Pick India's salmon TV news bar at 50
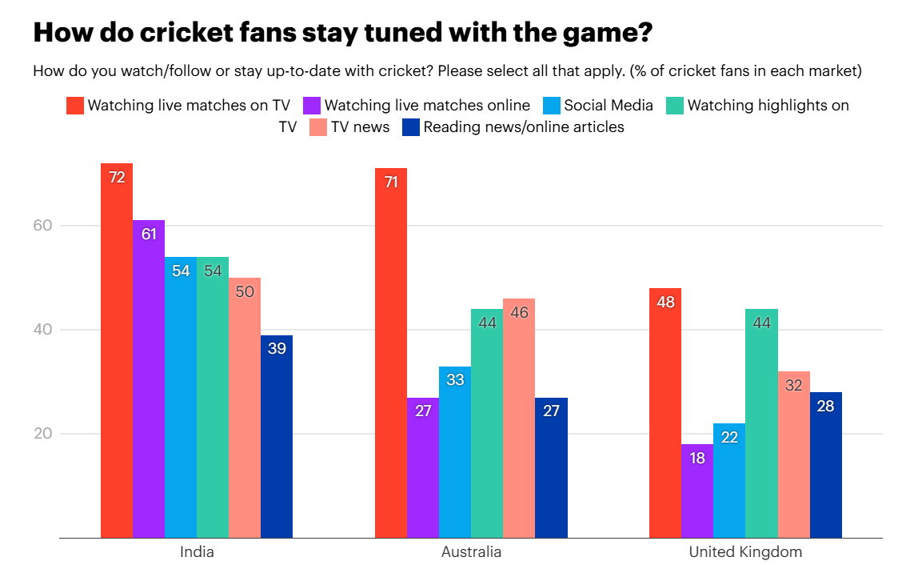pyautogui.click(x=245, y=407)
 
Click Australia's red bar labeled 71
pyautogui.click(x=391, y=353)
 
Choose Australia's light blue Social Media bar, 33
pyautogui.click(x=455, y=452)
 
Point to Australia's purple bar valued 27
pyautogui.click(x=423, y=467)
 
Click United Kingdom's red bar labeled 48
pyautogui.click(x=665, y=413)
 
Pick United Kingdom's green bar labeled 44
pyautogui.click(x=761, y=423)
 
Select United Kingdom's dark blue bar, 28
pyautogui.click(x=826, y=465)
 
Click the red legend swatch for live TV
pyautogui.click(x=74, y=106)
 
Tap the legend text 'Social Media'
pyautogui.click(x=609, y=106)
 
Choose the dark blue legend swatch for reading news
pyautogui.click(x=411, y=126)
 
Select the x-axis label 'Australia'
pyautogui.click(x=471, y=552)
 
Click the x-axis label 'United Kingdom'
pyautogui.click(x=745, y=552)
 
